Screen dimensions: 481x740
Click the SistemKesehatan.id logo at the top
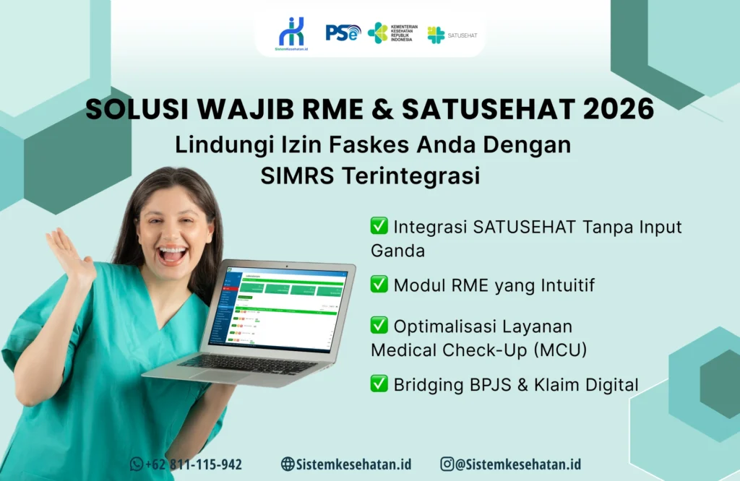[x=291, y=33]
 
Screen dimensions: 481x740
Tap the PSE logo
[x=342, y=32]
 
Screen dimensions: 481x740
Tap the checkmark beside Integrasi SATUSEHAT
[x=379, y=226]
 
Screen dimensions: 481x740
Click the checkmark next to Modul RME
[x=379, y=285]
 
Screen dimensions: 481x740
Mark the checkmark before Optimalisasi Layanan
[x=379, y=325]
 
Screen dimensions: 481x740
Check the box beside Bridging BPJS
[x=379, y=383]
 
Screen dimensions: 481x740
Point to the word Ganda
[x=397, y=251]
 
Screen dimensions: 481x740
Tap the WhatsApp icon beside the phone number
[x=137, y=464]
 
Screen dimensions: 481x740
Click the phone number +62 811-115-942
[x=193, y=464]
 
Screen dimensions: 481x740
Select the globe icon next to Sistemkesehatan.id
[x=288, y=464]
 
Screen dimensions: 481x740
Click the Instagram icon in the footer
[x=447, y=464]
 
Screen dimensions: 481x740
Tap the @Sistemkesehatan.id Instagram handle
[x=518, y=464]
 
